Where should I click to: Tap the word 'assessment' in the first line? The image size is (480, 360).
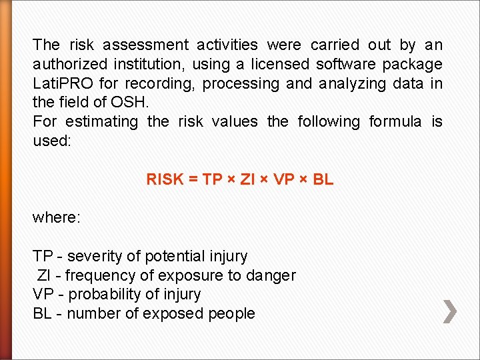pyautogui.click(x=145, y=45)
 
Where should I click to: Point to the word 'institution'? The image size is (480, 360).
pyautogui.click(x=151, y=65)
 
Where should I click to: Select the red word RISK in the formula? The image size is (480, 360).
pyautogui.click(x=164, y=179)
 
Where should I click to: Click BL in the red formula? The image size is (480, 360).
pyautogui.click(x=323, y=179)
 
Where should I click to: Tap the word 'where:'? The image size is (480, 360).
pyautogui.click(x=57, y=218)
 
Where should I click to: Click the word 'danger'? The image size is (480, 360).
pyautogui.click(x=271, y=275)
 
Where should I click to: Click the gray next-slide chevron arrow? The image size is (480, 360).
pyautogui.click(x=451, y=311)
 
